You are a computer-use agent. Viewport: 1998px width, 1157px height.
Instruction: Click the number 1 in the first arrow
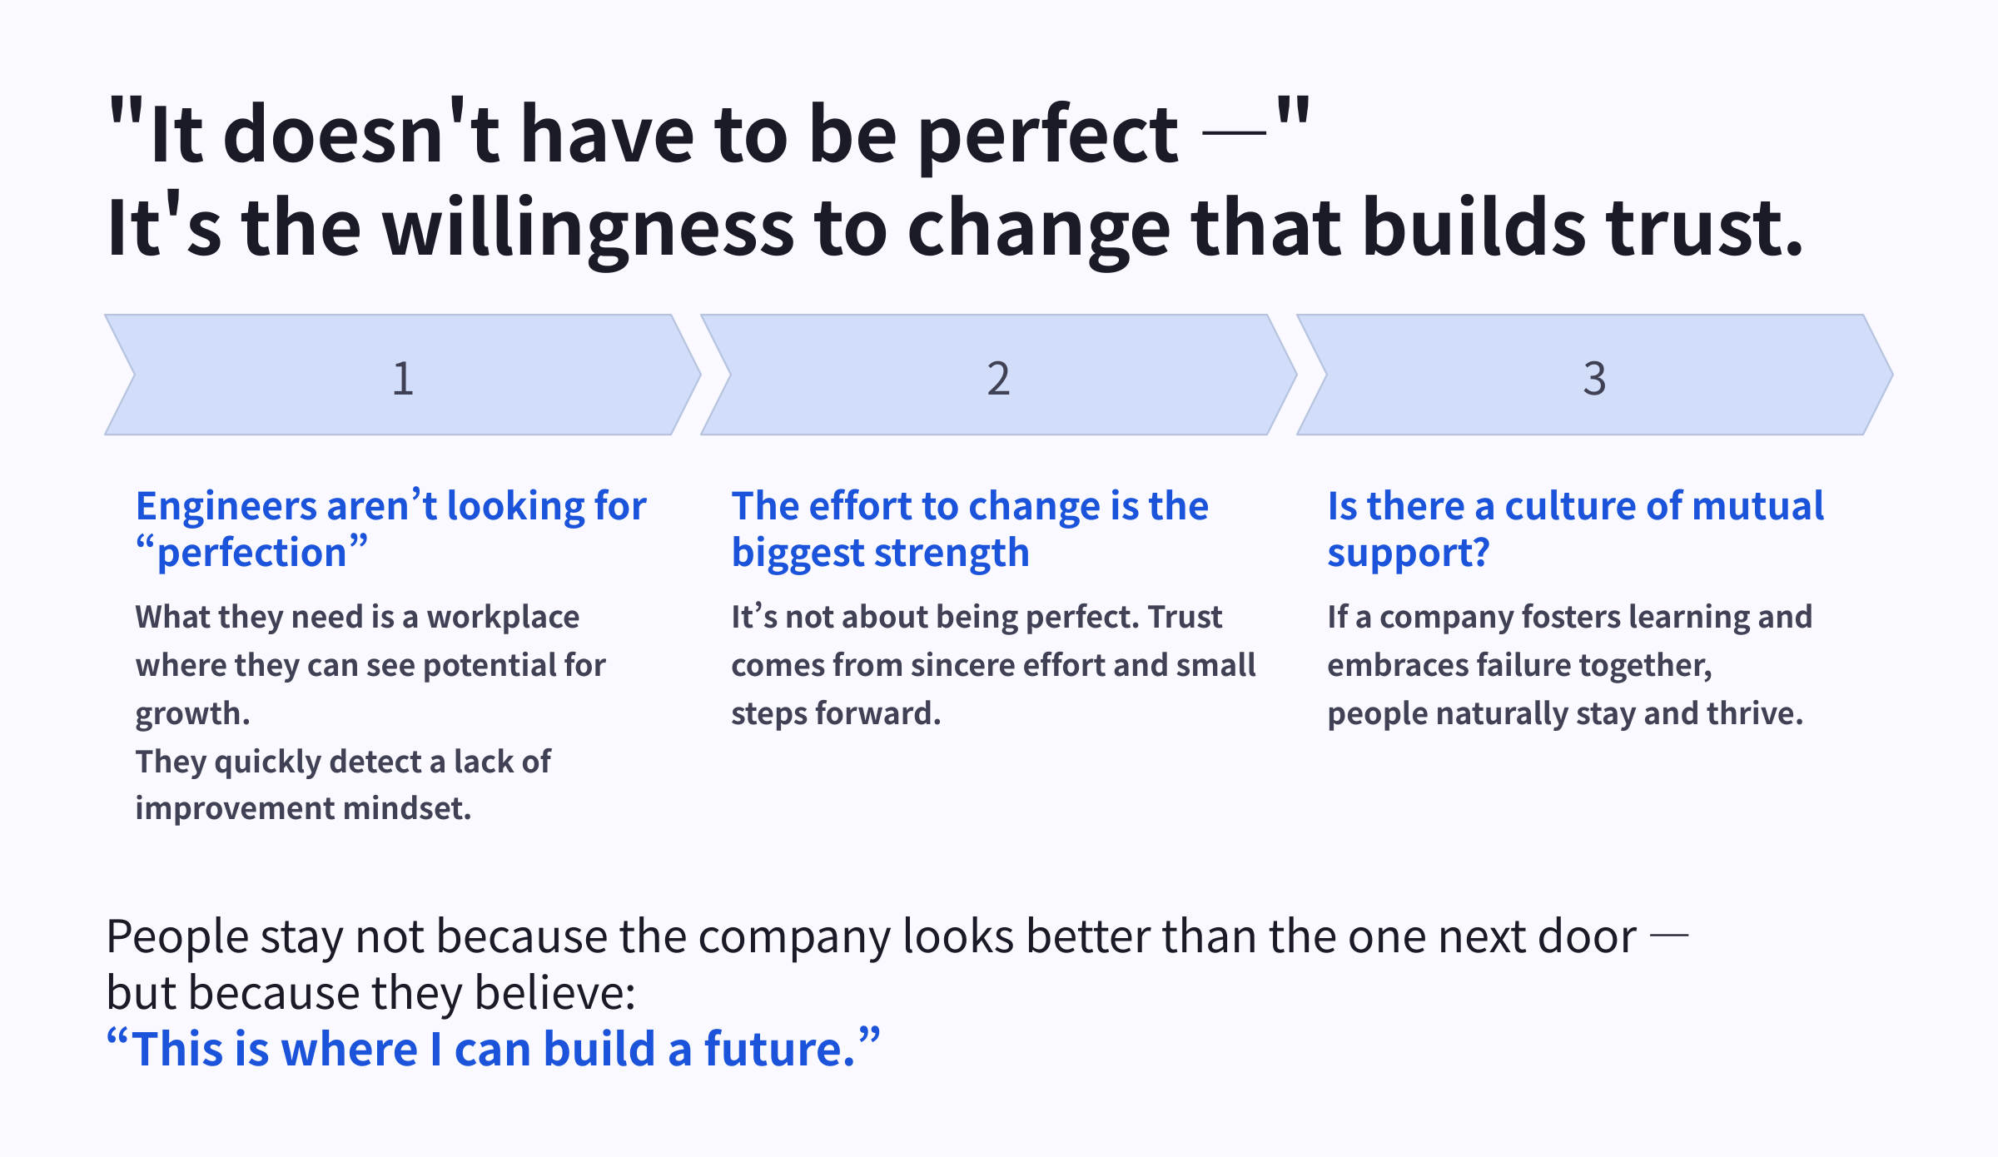click(x=403, y=378)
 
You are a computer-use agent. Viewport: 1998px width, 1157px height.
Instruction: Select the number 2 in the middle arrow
click(x=998, y=378)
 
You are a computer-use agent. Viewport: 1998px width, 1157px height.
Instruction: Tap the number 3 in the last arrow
click(x=1594, y=378)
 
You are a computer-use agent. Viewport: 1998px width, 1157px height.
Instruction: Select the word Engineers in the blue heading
click(x=226, y=506)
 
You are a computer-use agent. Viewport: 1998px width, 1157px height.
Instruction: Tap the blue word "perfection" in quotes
click(x=251, y=553)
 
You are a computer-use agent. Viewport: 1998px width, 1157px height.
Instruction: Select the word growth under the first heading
click(x=191, y=714)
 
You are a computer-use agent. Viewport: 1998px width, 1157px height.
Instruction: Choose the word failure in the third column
click(x=1523, y=665)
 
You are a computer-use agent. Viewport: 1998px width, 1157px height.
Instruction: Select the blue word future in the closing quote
click(x=778, y=1049)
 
